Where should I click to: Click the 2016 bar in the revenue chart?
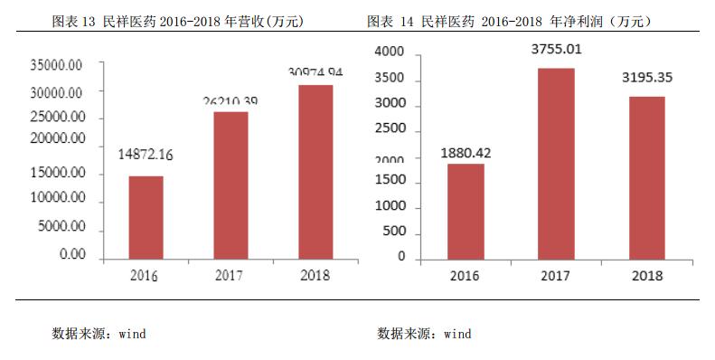tap(146, 217)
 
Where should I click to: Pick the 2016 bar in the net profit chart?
tap(466, 210)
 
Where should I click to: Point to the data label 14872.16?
tap(146, 155)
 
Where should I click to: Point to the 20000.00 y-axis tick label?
tap(57, 139)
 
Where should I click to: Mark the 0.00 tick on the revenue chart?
tap(72, 255)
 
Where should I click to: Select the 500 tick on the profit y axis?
tap(395, 231)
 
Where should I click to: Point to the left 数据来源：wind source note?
tap(99, 334)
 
